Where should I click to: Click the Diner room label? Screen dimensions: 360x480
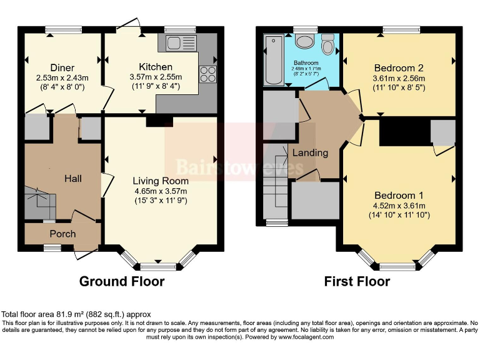point(62,67)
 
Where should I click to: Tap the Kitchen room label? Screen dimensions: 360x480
point(155,67)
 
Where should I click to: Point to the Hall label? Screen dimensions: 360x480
point(74,179)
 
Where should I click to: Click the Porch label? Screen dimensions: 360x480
point(62,234)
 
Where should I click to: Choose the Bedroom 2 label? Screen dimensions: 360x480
point(399,68)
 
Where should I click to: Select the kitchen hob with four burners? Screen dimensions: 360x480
point(207,74)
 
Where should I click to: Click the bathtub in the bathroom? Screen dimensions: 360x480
point(273,60)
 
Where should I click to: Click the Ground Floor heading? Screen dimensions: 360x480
point(122,281)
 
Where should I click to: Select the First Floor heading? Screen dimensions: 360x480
point(357,281)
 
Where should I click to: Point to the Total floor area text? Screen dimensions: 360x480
point(76,314)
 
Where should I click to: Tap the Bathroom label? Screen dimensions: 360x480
point(306,63)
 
